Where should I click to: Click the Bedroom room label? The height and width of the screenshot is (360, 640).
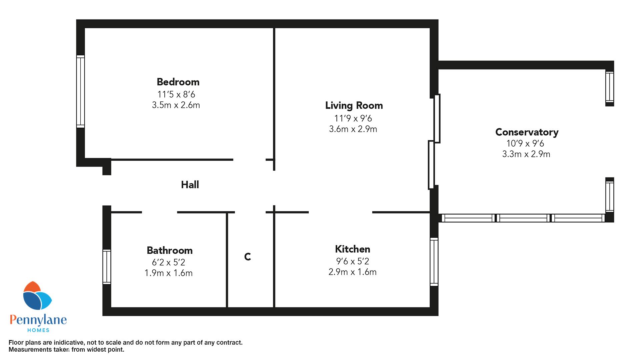pos(178,82)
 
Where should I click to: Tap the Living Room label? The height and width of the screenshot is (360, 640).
pos(354,106)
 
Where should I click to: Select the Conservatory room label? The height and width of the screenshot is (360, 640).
pos(527,132)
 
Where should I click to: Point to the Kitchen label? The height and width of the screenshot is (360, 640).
pos(352,249)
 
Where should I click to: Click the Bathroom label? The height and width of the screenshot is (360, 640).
pos(170,250)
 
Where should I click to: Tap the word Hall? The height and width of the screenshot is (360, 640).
pos(190,185)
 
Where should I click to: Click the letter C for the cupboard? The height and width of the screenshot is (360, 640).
pos(247,257)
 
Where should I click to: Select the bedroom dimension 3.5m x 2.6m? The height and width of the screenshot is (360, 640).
pos(176,105)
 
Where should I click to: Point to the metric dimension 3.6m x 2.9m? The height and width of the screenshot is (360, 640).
pos(353,129)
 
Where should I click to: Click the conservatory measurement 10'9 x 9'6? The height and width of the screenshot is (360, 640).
pos(525,143)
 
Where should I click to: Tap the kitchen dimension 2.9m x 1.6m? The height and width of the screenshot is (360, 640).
pos(352,272)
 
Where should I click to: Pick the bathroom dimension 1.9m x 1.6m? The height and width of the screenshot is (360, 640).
pos(168,273)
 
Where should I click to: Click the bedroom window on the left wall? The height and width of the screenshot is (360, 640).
pos(80,91)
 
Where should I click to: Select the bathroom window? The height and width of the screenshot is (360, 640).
pos(107,267)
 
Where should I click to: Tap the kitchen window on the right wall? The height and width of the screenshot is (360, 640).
pos(434,262)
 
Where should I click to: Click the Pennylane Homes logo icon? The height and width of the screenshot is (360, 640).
pos(37,296)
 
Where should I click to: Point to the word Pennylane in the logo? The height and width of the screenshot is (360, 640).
pos(38,320)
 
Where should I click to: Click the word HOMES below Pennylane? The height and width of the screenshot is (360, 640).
pos(38,330)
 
